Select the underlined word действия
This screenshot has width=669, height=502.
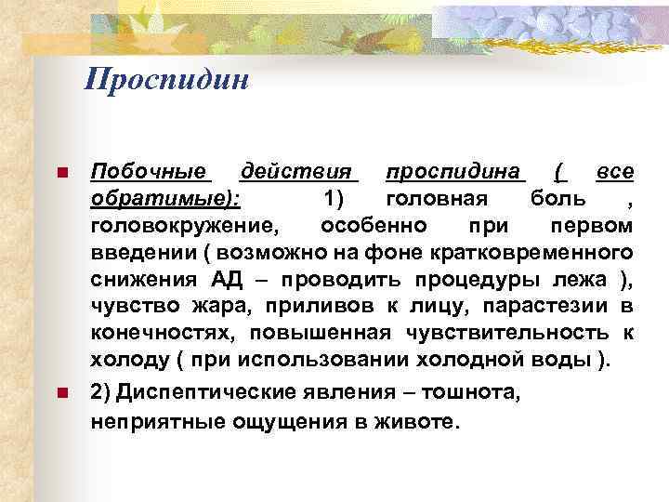click(x=298, y=172)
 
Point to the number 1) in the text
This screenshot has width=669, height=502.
click(x=337, y=199)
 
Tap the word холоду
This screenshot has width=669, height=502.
click(x=125, y=360)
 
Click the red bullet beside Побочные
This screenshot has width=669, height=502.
click(x=61, y=174)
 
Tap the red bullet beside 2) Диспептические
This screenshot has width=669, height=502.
click(x=61, y=394)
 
